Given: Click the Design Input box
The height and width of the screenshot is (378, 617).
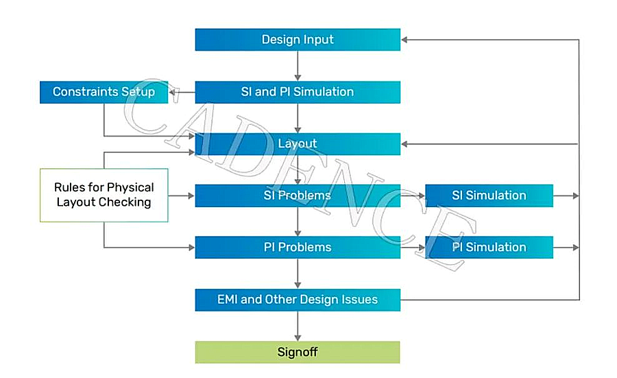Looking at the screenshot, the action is tap(298, 39).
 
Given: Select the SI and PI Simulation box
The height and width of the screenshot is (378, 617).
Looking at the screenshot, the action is tap(298, 92).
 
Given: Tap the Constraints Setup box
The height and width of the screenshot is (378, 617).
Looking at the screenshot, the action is tap(104, 92).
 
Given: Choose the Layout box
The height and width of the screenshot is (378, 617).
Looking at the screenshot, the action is tap(298, 143).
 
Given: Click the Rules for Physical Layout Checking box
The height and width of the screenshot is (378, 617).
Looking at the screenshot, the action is tap(104, 196).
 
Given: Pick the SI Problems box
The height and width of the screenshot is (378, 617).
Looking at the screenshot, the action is tap(298, 196).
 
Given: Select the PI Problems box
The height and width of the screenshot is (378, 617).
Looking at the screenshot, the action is tap(298, 247).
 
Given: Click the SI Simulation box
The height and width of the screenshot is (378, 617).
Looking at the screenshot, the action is tap(489, 196).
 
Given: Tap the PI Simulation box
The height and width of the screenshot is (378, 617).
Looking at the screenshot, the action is tap(489, 247).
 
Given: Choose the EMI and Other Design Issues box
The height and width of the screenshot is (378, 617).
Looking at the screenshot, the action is tap(298, 300).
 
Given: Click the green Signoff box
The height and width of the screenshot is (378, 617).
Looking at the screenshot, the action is tap(298, 352).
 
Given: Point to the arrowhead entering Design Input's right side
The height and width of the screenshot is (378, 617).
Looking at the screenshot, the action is tap(404, 40).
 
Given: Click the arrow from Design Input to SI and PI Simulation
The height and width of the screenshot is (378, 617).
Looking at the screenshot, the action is tap(298, 66).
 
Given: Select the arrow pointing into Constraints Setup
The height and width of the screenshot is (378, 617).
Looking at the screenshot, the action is tap(182, 93).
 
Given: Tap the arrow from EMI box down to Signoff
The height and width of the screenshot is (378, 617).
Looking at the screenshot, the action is tap(298, 326).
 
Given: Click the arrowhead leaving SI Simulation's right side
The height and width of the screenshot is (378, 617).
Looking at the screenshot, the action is tap(576, 196).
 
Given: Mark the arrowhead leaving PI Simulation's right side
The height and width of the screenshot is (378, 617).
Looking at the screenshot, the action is tap(576, 248).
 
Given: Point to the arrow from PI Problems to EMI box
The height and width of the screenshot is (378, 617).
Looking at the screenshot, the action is tap(298, 274).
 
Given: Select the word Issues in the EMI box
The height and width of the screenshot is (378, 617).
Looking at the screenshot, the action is tap(360, 300).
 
